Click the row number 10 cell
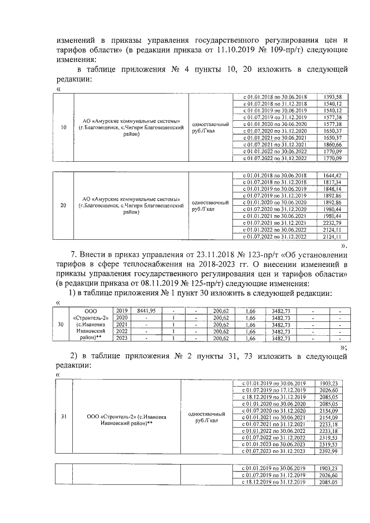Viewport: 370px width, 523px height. (x=63, y=127)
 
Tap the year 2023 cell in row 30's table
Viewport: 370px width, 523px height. (x=121, y=338)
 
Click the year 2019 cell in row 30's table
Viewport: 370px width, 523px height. (x=121, y=310)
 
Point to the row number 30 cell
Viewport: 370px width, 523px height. (x=61, y=324)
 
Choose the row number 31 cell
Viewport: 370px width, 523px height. (x=63, y=416)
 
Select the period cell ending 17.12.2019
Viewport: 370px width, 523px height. (x=273, y=390)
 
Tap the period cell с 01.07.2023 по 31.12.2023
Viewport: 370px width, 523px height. (x=273, y=451)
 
